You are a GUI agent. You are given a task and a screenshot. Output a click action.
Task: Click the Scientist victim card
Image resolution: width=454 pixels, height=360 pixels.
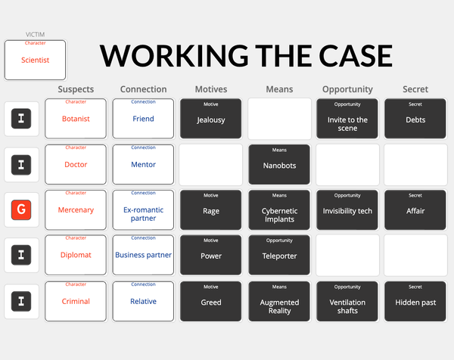coord(35,60)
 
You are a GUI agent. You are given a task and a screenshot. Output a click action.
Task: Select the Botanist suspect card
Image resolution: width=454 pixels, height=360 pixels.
coord(76,119)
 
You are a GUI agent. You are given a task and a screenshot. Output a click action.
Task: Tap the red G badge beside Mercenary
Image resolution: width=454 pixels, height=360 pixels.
coord(21,209)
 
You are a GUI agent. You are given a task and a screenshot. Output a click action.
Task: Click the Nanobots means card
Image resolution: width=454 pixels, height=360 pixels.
coord(279,164)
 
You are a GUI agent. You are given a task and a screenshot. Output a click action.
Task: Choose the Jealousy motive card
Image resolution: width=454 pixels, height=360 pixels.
coord(211,119)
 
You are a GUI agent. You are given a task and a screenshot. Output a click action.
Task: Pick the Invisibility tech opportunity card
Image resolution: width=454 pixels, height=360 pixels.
coord(347,209)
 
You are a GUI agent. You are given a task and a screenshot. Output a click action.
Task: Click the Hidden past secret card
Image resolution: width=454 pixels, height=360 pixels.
coord(415,301)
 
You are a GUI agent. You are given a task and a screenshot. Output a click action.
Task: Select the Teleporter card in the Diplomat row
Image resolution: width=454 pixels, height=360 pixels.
coord(279,255)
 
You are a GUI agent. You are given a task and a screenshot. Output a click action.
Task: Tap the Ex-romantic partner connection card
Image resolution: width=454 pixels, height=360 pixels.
coord(143,209)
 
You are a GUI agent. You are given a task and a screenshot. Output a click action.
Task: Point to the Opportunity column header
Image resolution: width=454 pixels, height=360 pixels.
coord(347,89)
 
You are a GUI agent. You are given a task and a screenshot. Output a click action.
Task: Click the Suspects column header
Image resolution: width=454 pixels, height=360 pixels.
coord(76,89)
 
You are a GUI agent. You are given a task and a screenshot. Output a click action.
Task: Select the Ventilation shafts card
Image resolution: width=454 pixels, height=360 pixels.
coord(347,301)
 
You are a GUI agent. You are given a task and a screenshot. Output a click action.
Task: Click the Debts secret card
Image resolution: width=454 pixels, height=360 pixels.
coord(415,119)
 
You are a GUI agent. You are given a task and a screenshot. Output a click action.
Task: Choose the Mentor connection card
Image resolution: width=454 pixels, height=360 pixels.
coord(143,164)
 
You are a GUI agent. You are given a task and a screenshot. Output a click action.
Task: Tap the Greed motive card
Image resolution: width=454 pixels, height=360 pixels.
coord(211,301)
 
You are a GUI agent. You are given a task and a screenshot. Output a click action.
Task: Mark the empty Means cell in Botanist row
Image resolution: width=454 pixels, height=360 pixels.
coord(279,119)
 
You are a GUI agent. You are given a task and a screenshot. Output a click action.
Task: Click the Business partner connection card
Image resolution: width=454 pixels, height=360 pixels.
coord(143,255)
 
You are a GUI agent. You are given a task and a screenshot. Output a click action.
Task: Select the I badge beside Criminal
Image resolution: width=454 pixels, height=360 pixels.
coord(21,301)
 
